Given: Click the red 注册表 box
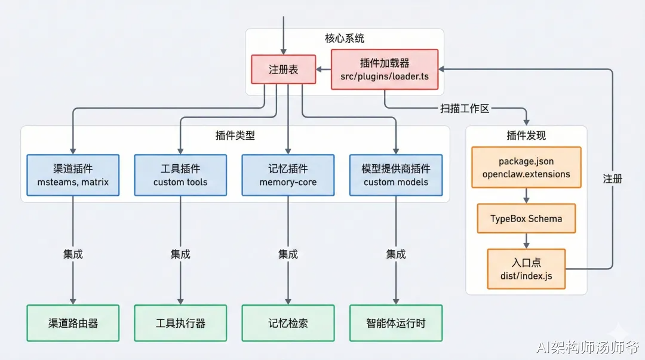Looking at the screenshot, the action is tap(284, 69).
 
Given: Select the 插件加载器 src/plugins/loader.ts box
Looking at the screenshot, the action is tap(385, 69).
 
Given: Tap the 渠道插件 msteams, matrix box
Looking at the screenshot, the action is tap(73, 175).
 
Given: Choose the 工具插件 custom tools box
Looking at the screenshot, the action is tap(180, 175).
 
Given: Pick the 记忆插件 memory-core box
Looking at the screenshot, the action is tap(288, 175).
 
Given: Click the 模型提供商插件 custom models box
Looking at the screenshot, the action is tap(396, 175).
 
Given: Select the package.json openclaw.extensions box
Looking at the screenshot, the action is tap(526, 167).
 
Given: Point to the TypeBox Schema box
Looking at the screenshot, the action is tap(526, 219).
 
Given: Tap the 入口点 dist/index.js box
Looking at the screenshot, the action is tap(526, 269).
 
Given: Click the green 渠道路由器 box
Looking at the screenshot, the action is tap(73, 323).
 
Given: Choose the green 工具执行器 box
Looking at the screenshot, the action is tap(180, 323).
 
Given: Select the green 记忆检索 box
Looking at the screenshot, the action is tap(288, 323).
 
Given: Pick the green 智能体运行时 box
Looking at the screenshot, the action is tap(396, 323).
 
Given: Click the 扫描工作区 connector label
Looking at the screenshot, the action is tap(465, 108).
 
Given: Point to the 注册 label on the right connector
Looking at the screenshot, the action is tap(613, 179).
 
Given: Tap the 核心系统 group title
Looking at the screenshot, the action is tap(345, 38).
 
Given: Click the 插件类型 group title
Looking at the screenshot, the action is tap(235, 136).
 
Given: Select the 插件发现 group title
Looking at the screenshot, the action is tap(526, 136).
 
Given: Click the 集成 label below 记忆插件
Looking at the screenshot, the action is tap(288, 254).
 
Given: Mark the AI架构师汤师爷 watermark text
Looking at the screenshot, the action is tap(588, 347).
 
